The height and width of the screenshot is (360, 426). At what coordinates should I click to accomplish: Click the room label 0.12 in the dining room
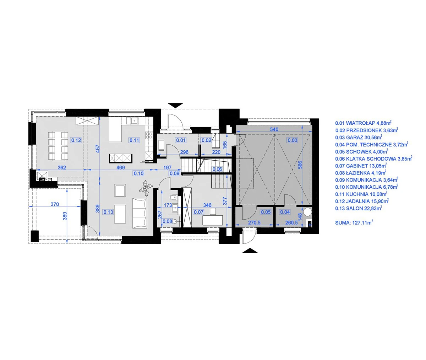pyautogui.click(x=76, y=140)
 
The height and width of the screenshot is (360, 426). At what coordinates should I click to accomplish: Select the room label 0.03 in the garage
pyautogui.click(x=293, y=140)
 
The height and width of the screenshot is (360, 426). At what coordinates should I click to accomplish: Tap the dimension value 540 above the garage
pyautogui.click(x=274, y=129)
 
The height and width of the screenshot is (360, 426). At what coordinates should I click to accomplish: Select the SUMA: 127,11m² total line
pyautogui.click(x=354, y=223)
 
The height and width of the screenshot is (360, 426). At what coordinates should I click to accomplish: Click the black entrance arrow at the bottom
pyautogui.click(x=250, y=251)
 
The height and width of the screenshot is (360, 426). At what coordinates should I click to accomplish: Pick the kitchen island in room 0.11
pyautogui.click(x=121, y=157)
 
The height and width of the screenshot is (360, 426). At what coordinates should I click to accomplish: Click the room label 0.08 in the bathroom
pyautogui.click(x=167, y=221)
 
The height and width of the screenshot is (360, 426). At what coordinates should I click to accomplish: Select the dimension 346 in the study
pyautogui.click(x=207, y=205)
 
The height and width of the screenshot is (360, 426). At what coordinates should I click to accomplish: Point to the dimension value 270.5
pyautogui.click(x=255, y=223)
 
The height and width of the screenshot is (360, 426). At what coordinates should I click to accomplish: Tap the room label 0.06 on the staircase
pyautogui.click(x=217, y=169)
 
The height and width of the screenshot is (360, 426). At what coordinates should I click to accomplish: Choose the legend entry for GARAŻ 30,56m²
pyautogui.click(x=358, y=137)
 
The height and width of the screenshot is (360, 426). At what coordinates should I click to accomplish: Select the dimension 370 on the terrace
pyautogui.click(x=54, y=204)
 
